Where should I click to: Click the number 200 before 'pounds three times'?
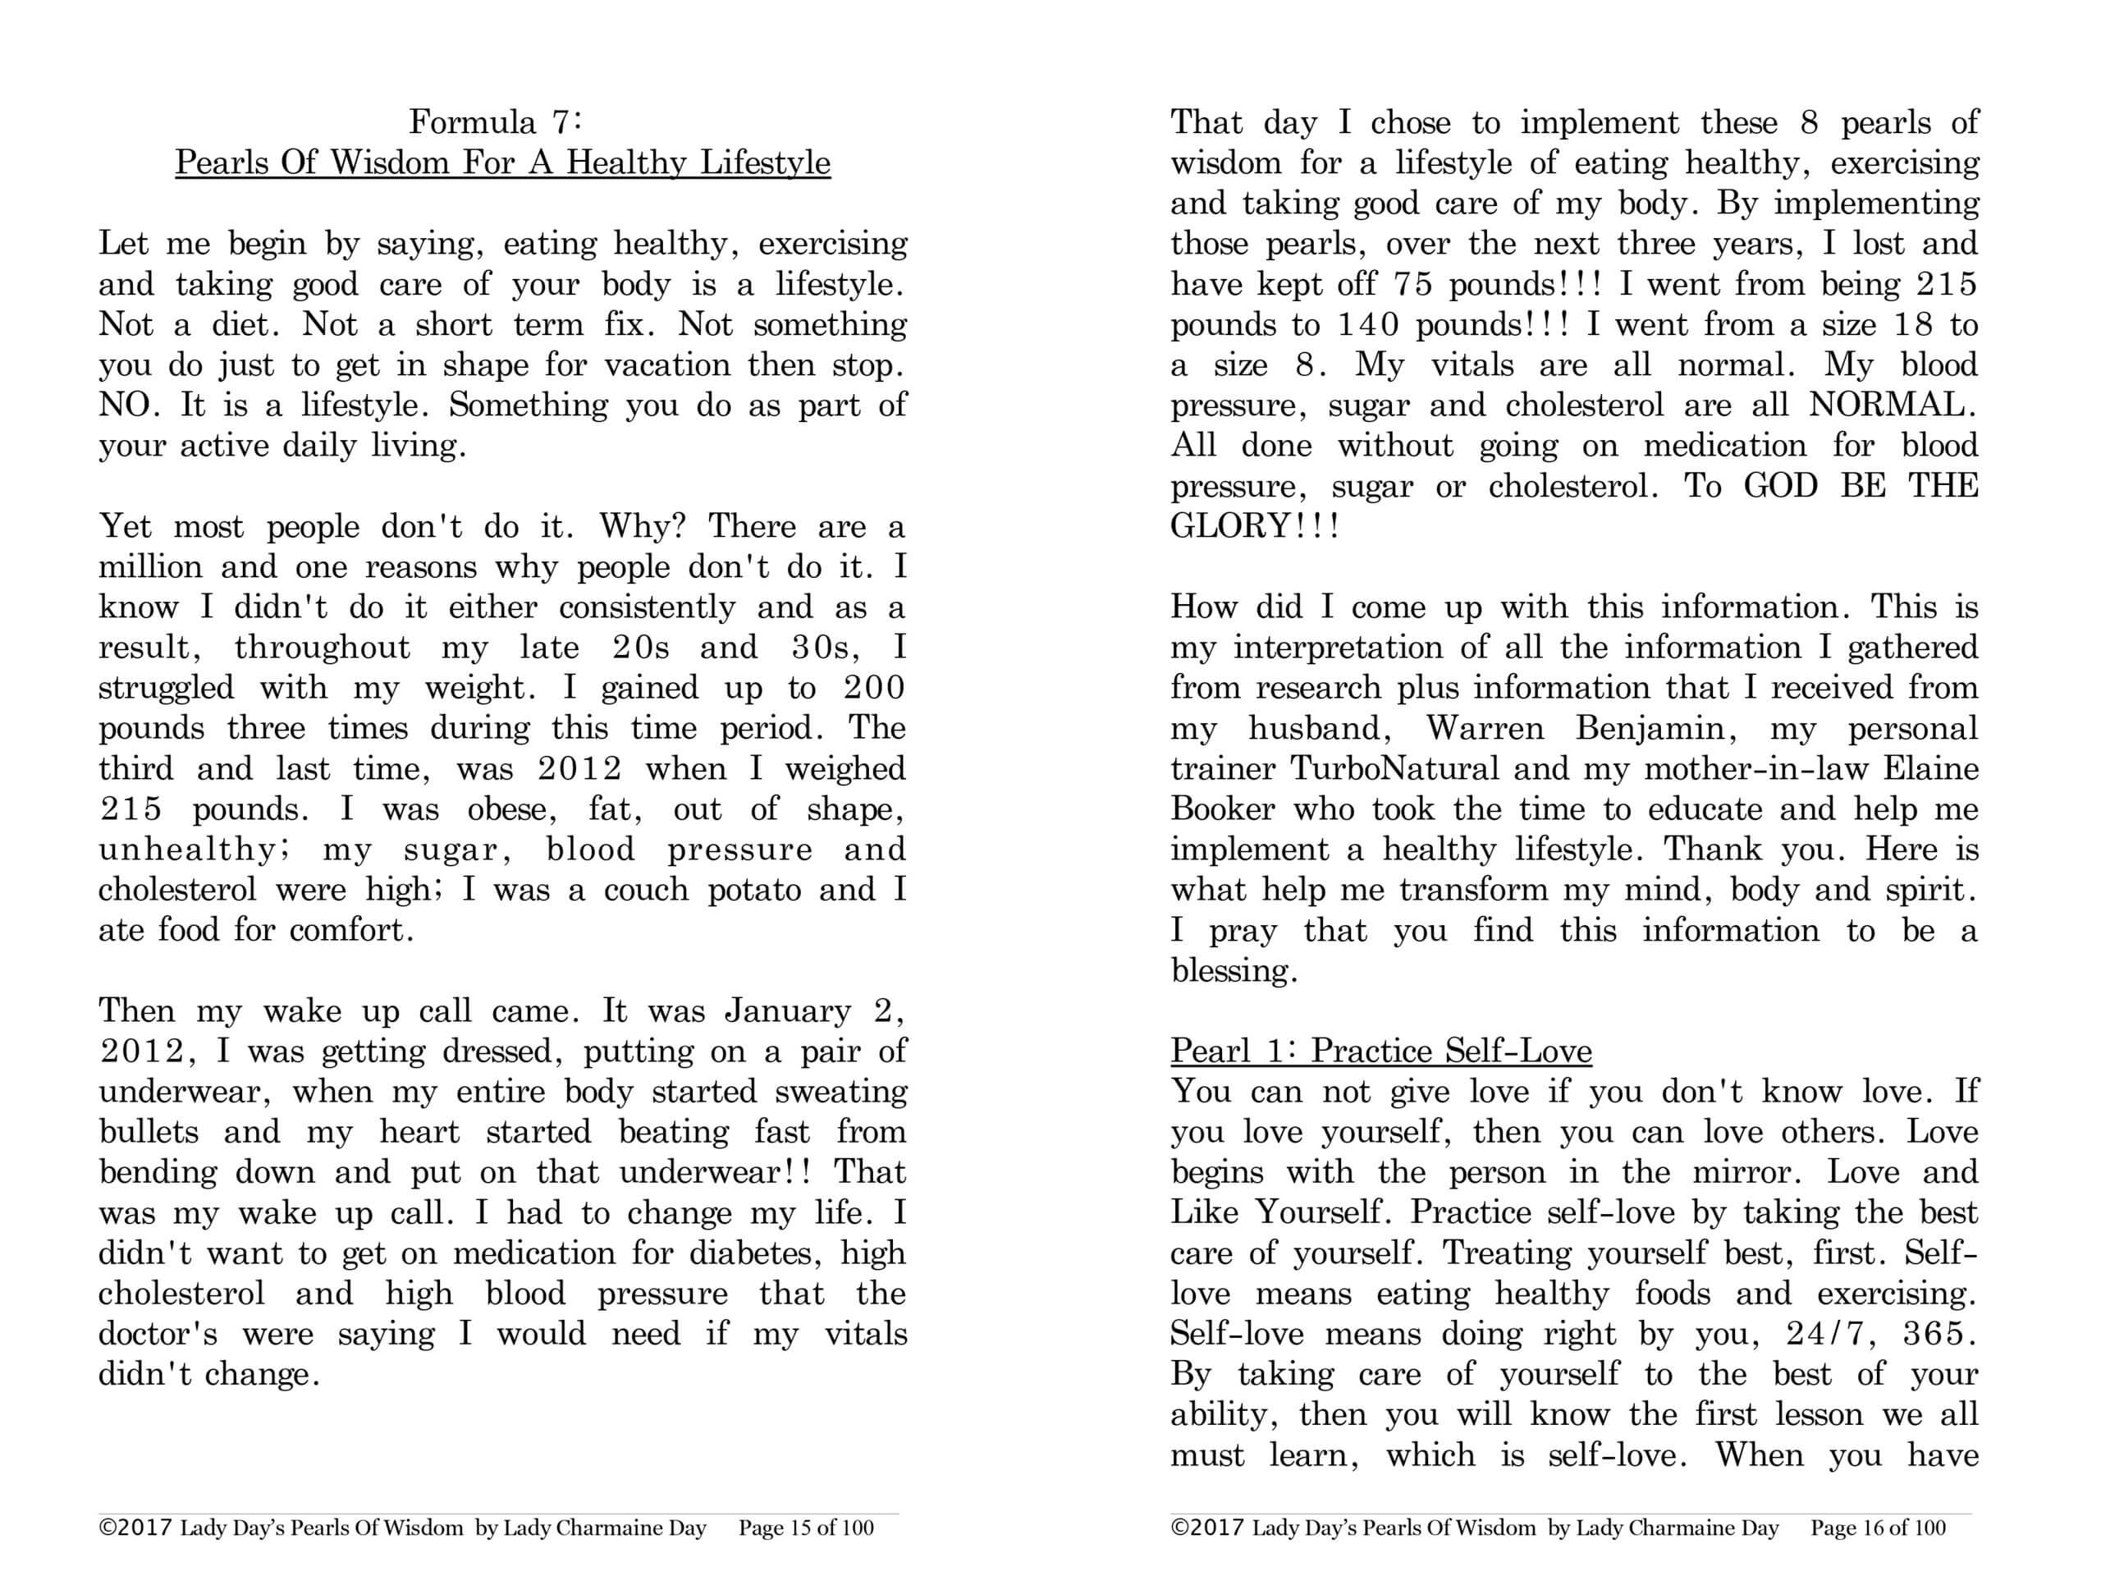874,689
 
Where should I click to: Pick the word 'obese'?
514,809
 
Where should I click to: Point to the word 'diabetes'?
755,1254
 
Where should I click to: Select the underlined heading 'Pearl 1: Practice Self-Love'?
1381,1051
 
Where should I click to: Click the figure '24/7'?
1824,1335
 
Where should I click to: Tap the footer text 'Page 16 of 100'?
1878,1528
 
